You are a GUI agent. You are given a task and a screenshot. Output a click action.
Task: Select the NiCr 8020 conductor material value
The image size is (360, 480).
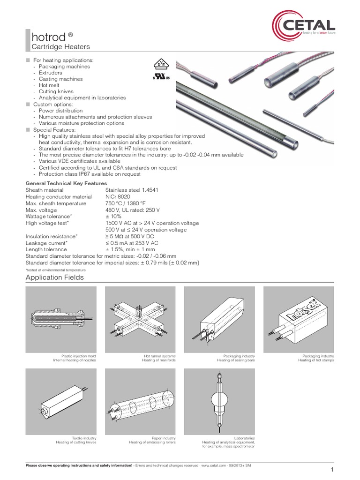click(119, 197)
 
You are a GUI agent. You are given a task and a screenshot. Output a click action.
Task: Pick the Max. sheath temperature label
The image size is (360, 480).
click(56, 203)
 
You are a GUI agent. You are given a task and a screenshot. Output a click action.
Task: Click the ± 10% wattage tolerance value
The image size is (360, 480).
click(114, 217)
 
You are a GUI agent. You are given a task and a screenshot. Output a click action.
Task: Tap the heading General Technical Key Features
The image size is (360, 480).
click(66, 183)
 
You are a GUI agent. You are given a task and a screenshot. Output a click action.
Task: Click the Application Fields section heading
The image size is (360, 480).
click(54, 277)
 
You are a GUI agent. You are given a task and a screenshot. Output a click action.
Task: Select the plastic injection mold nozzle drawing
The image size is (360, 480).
click(61, 319)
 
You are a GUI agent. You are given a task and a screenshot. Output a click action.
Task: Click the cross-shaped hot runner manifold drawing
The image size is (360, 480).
click(140, 319)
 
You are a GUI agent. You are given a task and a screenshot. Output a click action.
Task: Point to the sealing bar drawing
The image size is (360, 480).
click(219, 319)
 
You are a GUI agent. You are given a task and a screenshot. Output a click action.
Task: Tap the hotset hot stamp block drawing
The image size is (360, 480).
click(299, 319)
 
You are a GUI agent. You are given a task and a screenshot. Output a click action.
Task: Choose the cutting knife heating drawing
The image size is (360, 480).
click(61, 401)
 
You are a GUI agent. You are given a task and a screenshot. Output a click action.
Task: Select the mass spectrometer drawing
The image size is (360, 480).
click(219, 401)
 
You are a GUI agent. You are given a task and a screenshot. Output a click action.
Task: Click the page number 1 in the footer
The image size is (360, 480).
click(332, 470)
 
